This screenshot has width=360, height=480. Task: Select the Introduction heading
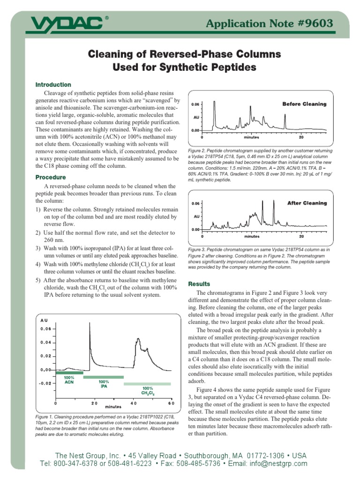(53, 85)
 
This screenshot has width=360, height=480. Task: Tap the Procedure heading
(51, 178)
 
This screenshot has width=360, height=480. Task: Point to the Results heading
(199, 284)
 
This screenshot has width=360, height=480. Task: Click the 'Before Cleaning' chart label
(304, 104)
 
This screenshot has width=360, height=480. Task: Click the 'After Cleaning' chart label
(307, 203)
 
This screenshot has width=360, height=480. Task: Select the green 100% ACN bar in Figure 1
(69, 373)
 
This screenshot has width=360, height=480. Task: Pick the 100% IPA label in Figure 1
(104, 384)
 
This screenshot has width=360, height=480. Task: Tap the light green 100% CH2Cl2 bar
(147, 384)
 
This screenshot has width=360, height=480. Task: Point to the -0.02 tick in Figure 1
(45, 383)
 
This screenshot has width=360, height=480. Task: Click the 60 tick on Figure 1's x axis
(171, 403)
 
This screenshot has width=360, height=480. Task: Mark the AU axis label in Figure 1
(44, 320)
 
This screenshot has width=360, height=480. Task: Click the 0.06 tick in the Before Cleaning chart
(195, 104)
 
